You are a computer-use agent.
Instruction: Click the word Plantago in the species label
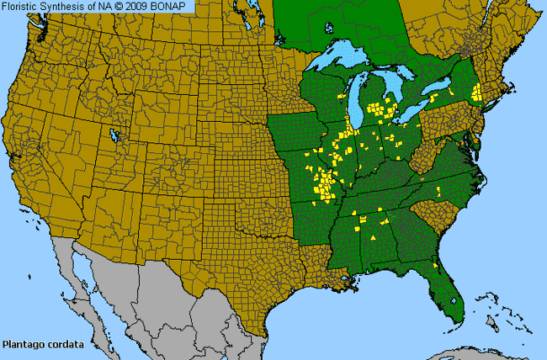click(23, 344)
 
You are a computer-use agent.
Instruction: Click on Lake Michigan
click(358, 105)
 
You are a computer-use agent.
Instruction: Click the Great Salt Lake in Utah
click(113, 135)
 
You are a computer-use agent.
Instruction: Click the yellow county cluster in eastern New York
click(475, 90)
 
